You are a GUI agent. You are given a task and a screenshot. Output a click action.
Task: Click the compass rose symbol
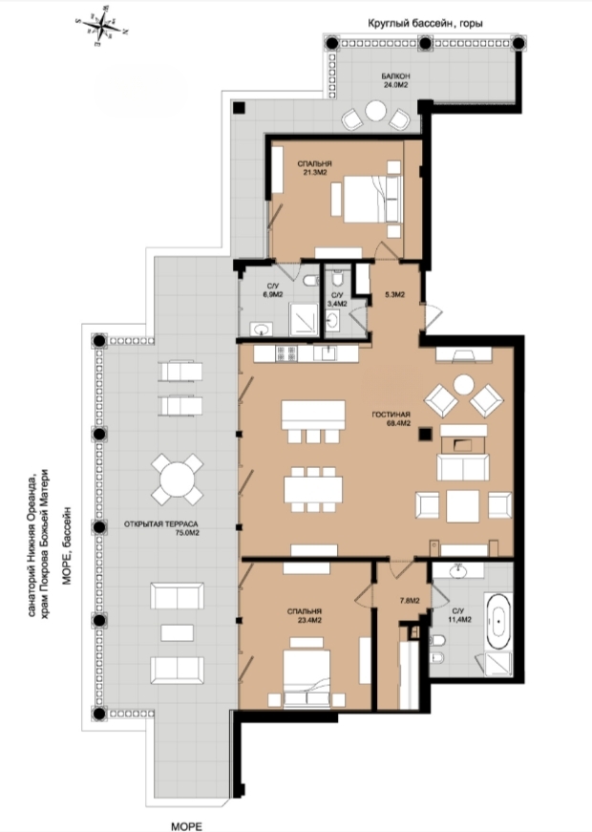point(102,25)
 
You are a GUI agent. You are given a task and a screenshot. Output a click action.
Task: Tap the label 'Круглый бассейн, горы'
point(426,23)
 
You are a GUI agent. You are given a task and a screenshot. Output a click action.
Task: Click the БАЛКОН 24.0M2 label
point(395,80)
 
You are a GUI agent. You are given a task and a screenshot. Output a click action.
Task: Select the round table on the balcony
point(375,112)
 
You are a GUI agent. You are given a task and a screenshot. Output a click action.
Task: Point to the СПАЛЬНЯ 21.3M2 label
point(314,168)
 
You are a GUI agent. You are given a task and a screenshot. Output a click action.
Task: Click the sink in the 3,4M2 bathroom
point(332,319)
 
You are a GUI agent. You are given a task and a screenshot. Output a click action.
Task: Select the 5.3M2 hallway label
point(394,294)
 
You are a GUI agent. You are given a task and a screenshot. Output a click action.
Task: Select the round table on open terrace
point(178,479)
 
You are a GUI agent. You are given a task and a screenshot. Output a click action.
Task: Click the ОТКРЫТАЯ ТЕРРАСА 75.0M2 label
point(161,528)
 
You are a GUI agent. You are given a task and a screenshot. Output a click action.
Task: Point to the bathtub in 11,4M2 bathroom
point(497,616)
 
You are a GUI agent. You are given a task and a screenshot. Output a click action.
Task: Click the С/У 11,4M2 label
point(460,615)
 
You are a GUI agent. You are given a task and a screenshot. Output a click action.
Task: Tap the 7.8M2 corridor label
point(410,601)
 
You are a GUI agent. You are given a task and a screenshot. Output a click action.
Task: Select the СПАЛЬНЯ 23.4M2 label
point(305,615)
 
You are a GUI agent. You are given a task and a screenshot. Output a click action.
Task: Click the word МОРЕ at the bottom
point(187,826)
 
